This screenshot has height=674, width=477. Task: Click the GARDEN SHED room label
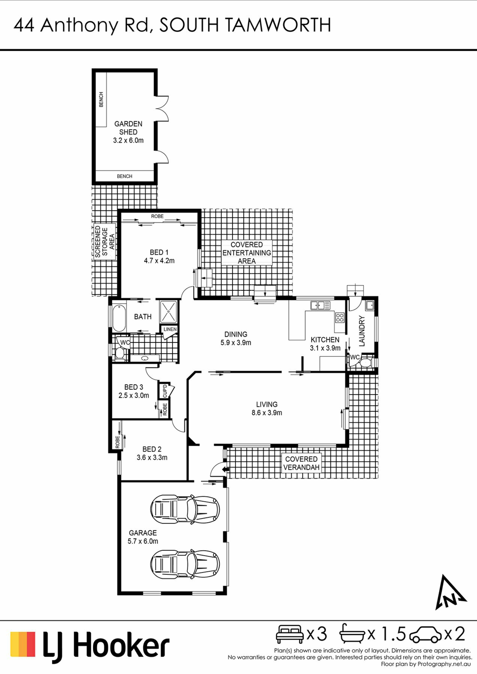point(128,128)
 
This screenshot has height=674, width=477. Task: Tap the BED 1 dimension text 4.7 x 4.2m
point(159,261)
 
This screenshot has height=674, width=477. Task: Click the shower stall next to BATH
point(169,312)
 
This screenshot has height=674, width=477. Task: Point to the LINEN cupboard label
point(170,329)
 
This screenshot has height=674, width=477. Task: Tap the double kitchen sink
point(320,305)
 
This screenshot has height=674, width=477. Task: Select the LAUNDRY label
point(362,331)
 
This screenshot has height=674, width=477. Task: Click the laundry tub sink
point(370,305)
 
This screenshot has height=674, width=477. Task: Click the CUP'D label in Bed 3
point(165,391)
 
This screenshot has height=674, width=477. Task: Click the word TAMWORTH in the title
point(278,25)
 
